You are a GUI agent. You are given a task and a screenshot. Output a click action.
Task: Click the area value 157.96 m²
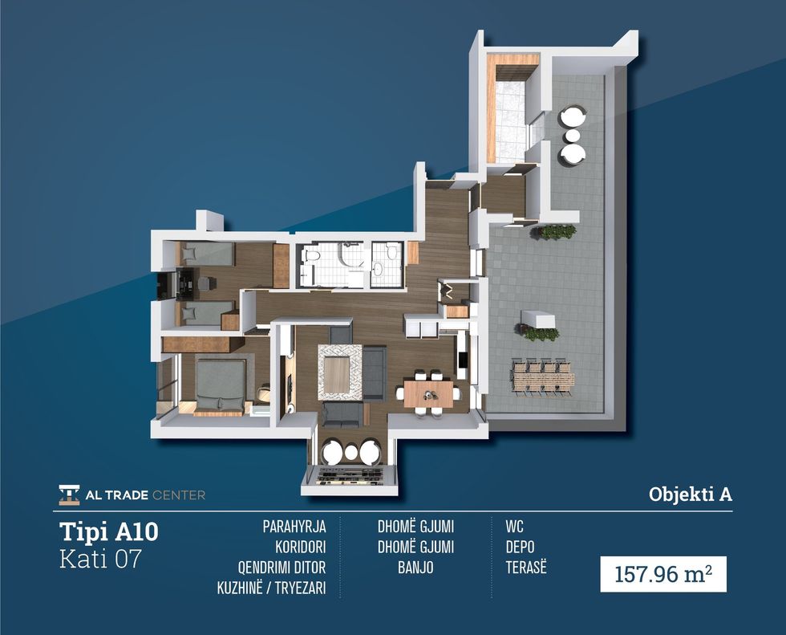[x=663, y=574]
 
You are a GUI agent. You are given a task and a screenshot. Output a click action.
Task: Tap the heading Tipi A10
[x=109, y=531]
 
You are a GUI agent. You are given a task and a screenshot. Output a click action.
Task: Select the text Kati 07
[x=100, y=559]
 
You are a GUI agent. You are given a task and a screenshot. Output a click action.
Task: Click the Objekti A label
[x=691, y=494]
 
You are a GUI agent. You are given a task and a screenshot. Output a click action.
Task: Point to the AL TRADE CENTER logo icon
[x=69, y=495]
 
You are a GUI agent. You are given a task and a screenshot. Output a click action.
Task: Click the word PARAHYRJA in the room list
[x=294, y=527]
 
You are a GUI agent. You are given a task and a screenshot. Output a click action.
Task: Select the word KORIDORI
[x=300, y=547]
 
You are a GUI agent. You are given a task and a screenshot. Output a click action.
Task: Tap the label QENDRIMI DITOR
[x=282, y=568]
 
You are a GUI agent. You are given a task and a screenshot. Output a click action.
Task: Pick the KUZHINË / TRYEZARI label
[x=271, y=588]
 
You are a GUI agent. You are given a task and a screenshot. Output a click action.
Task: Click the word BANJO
[x=415, y=568]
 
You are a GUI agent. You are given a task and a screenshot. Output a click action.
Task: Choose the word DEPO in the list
[x=520, y=547]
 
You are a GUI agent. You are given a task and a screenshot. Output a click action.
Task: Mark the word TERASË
[x=526, y=568]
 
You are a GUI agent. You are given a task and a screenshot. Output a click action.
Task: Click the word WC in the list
[x=514, y=527]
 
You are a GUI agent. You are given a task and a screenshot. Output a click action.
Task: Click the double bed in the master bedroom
[x=221, y=385]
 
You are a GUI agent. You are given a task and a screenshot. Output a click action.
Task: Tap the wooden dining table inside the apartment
[x=428, y=393]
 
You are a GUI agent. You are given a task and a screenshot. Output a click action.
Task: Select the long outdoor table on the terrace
[x=542, y=377]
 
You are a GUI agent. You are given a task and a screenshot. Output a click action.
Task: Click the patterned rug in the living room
[x=340, y=372]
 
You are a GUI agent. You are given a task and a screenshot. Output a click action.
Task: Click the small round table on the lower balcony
[x=351, y=453]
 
